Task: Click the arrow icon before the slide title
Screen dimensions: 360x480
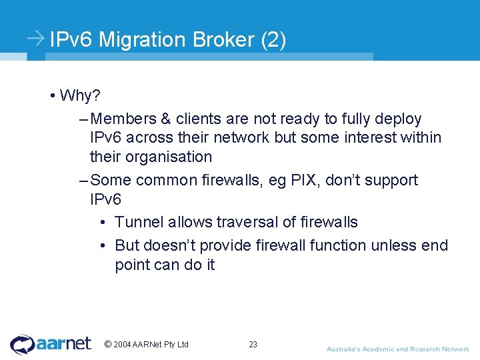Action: (x=37, y=39)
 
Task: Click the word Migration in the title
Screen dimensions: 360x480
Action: (x=143, y=40)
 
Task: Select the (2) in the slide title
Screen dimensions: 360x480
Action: (x=274, y=40)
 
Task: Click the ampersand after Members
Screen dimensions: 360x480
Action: (x=165, y=119)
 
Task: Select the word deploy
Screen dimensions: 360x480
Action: (x=399, y=119)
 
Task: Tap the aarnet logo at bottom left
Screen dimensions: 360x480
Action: (x=51, y=344)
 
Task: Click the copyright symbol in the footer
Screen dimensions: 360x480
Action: (x=108, y=344)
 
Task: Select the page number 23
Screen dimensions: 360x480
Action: (x=253, y=345)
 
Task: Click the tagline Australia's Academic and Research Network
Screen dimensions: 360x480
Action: (x=397, y=349)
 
